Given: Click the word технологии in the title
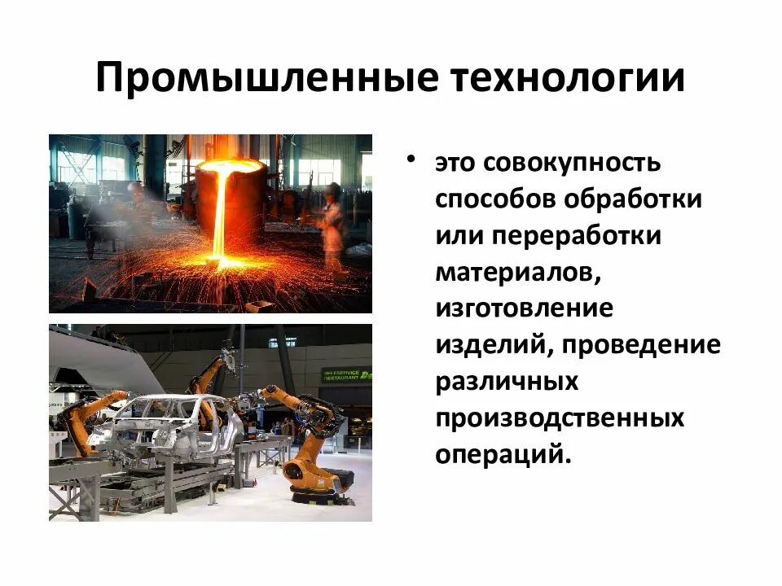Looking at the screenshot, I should coord(565,80).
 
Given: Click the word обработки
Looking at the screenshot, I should coord(645,199).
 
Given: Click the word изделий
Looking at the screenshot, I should coord(481,346).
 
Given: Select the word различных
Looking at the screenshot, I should coord(507,383).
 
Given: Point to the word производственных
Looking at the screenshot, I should coord(559,419).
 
